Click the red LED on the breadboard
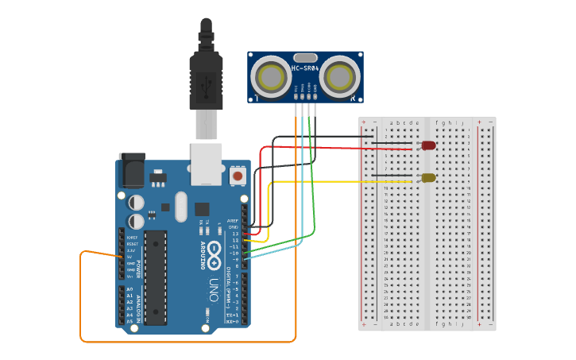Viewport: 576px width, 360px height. click(x=428, y=145)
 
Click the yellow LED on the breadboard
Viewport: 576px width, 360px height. click(x=428, y=178)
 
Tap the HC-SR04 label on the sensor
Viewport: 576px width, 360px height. click(x=306, y=68)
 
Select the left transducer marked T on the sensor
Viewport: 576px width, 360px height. click(x=270, y=76)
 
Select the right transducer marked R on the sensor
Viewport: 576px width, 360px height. click(x=342, y=76)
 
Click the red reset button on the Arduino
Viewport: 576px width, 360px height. click(x=237, y=175)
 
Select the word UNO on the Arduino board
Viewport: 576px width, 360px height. click(x=213, y=289)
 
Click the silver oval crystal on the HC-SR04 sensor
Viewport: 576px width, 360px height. click(x=306, y=57)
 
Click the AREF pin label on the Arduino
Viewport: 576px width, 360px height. click(x=233, y=220)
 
